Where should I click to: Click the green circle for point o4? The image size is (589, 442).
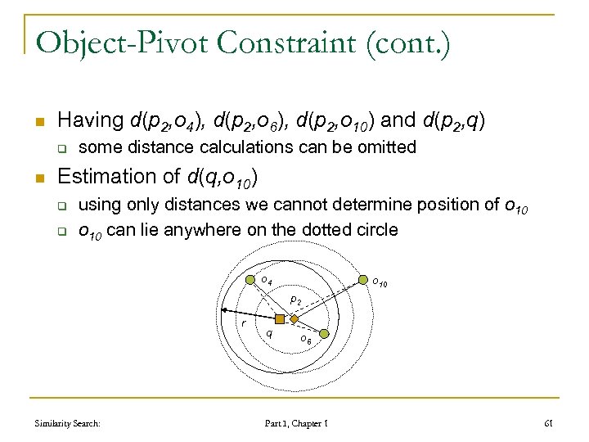[x=250, y=281]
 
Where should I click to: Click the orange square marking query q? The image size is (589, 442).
[x=280, y=318]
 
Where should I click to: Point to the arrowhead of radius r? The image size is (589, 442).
[x=223, y=310]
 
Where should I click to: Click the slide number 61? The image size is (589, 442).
[x=548, y=423]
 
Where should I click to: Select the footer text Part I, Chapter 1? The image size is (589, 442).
[x=296, y=423]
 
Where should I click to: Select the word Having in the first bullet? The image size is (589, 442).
[x=90, y=120]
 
